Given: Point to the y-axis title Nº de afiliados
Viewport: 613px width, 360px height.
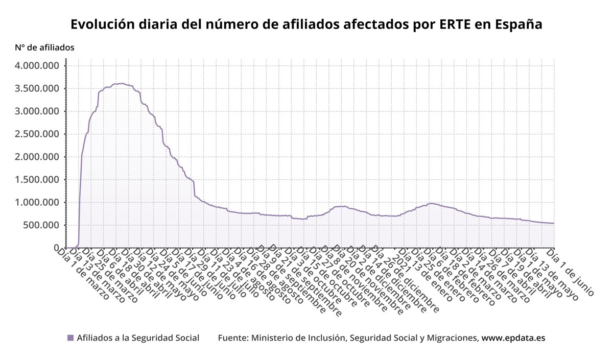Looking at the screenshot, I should (45, 47).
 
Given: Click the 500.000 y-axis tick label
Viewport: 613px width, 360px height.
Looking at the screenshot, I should (42, 225).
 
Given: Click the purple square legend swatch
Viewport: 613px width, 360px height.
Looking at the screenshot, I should (70, 338).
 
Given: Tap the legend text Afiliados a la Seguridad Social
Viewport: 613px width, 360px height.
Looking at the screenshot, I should (138, 338).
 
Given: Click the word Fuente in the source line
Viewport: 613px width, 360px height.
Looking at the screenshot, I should (232, 338).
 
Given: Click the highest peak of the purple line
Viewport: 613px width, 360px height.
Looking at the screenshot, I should (122, 83).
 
